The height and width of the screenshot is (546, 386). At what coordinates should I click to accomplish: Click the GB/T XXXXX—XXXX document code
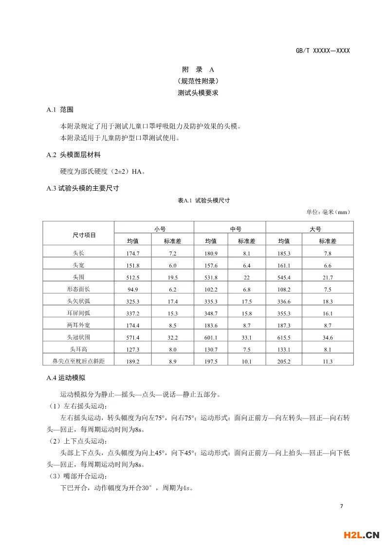tap(323, 51)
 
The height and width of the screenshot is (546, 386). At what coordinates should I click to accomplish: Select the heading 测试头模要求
tap(198, 92)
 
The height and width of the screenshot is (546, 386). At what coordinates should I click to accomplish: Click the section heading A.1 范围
tap(60, 110)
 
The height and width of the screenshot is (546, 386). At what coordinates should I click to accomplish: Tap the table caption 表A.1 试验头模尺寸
tap(204, 200)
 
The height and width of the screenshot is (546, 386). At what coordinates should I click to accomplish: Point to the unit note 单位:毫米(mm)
tap(328, 212)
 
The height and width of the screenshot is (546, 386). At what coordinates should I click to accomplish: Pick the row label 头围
tap(78, 277)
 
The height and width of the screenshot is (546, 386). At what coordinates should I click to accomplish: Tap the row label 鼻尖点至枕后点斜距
tap(78, 361)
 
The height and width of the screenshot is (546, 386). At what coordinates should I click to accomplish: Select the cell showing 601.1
tap(211, 337)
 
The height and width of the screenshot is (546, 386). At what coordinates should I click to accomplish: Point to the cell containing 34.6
tap(328, 337)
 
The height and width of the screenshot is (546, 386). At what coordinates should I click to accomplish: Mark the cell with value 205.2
tap(284, 361)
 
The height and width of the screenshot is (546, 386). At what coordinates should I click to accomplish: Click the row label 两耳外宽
tap(78, 325)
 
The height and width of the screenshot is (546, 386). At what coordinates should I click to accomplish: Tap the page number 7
tap(342, 507)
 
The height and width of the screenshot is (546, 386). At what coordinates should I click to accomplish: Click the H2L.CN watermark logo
tap(361, 535)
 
